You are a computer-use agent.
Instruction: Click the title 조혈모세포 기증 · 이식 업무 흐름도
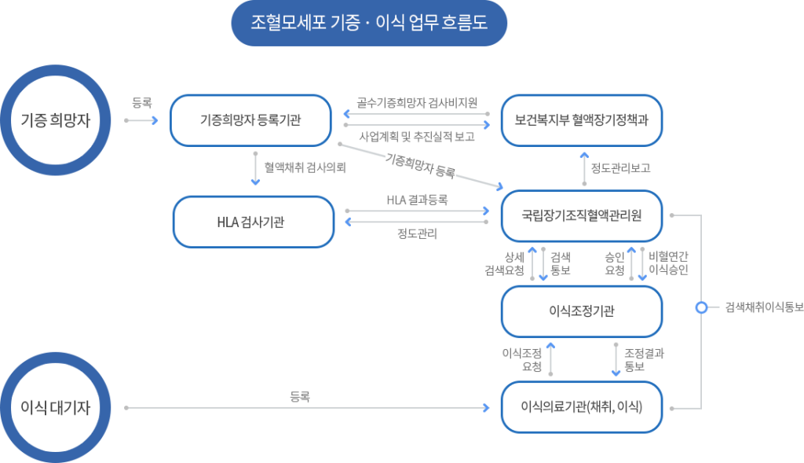[x=369, y=23]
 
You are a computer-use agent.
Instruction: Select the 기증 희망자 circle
[x=55, y=120]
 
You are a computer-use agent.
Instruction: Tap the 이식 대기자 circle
[x=55, y=407]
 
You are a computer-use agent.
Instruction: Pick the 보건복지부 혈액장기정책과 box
[x=582, y=120]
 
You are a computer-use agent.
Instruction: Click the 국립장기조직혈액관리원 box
[x=582, y=215]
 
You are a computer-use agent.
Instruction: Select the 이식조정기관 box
[x=582, y=311]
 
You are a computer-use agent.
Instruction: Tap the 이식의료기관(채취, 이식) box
[x=582, y=407]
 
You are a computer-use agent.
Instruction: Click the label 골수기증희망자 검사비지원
[x=417, y=104]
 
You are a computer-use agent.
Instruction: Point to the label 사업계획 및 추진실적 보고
[x=417, y=136]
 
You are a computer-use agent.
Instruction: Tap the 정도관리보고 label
[x=620, y=168]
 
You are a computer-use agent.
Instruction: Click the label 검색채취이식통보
[x=762, y=307]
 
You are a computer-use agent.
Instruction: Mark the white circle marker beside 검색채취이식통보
[x=701, y=307]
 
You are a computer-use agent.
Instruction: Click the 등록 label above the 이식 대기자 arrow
[x=300, y=398]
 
